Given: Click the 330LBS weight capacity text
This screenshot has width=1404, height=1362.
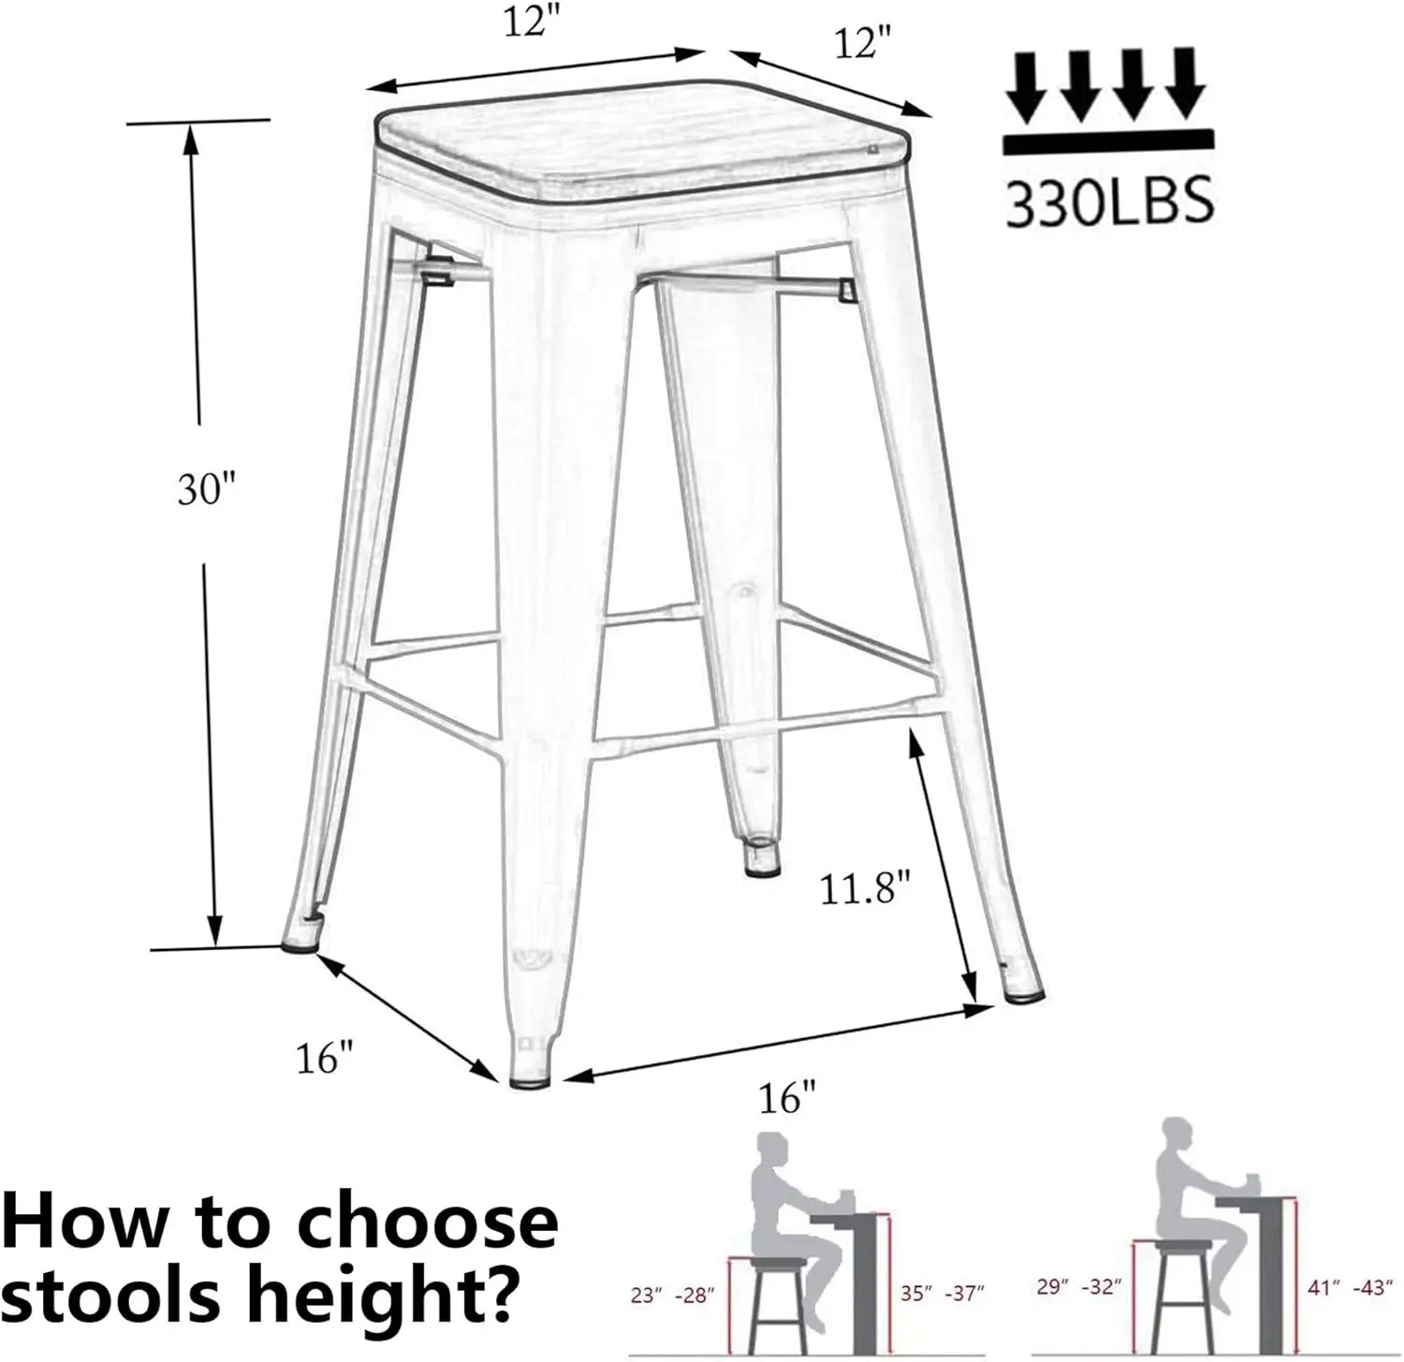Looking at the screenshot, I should coord(1109,202).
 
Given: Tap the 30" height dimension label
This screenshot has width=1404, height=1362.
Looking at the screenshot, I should coord(208,489).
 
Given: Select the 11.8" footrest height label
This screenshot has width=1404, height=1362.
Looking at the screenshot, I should coord(865,887).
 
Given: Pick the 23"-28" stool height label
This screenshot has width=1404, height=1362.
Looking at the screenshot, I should coord(672,1296).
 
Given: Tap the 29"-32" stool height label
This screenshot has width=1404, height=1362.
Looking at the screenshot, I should coord(1078,1287).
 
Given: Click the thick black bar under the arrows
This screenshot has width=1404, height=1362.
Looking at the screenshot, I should coord(1108,143).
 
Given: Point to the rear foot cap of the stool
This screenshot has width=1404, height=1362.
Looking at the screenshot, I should coord(763,858).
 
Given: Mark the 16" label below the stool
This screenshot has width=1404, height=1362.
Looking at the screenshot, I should coord(787,1096).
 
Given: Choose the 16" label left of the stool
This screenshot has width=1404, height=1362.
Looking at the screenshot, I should coord(324,1059).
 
